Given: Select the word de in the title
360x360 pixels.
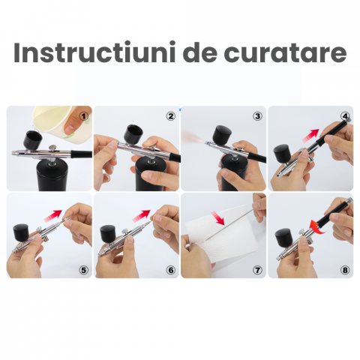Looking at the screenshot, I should pos(198,54).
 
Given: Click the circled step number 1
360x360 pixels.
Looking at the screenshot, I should pos(83,116).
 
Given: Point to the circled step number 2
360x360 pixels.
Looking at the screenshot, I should pos(170,115).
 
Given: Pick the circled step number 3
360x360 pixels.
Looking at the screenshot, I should pos(257,115).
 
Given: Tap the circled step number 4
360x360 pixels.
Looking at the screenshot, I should pos(344,116).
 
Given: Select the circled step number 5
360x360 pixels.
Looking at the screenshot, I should pos(83,269).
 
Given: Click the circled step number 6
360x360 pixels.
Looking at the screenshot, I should pos(170,269).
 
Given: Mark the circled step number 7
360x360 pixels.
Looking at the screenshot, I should pos(257,269).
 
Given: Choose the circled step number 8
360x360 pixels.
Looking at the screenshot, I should pos(344,269).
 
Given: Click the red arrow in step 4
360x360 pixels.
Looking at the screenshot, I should pos(310,135).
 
